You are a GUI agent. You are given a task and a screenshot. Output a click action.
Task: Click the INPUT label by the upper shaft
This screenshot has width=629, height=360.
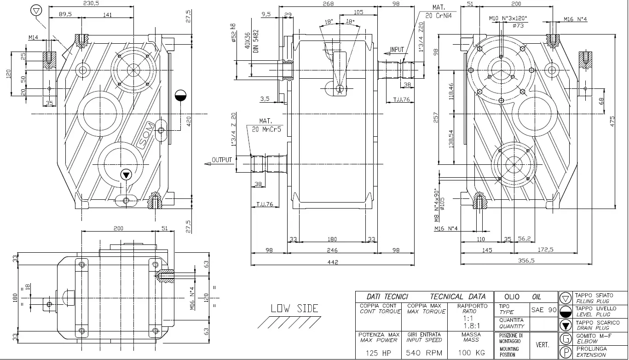[x=397, y=50]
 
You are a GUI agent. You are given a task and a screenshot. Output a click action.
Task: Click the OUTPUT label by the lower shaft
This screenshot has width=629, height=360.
[x=222, y=161]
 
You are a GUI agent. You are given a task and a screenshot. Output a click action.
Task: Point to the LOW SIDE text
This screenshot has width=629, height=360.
[x=294, y=308]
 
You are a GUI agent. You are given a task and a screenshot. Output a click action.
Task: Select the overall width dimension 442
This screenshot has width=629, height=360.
[x=332, y=262]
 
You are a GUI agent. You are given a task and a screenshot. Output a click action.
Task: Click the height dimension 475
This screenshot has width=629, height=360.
[x=612, y=121]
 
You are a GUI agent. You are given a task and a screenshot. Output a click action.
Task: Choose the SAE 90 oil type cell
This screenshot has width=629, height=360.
[x=544, y=310]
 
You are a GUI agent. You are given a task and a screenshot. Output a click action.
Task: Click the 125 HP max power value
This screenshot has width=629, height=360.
[x=378, y=353]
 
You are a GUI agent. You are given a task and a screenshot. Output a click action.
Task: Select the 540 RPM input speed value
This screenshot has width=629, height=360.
[x=424, y=353]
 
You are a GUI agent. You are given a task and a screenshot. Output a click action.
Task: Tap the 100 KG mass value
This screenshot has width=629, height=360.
[x=471, y=353]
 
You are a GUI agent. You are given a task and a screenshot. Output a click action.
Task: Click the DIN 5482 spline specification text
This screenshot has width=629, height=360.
[x=256, y=41]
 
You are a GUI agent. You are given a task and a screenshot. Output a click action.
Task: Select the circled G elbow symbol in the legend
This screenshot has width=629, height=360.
[x=565, y=340]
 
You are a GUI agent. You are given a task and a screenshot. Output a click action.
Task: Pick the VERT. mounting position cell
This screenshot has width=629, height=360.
[x=542, y=345]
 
